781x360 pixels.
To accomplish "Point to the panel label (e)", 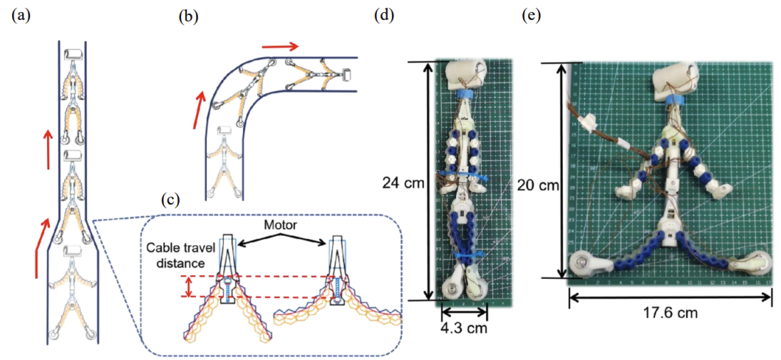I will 532,16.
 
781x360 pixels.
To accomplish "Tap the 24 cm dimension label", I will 400,183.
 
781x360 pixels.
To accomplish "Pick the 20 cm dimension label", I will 537,184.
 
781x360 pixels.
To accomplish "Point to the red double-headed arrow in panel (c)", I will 189,285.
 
